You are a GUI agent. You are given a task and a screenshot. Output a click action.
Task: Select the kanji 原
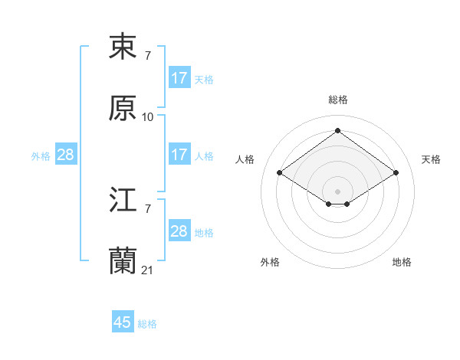point(123,109)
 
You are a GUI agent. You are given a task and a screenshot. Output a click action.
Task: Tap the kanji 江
point(123,201)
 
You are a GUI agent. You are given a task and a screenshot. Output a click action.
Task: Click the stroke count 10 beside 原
point(148,117)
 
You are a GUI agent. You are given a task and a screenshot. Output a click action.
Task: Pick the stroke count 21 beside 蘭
point(148,270)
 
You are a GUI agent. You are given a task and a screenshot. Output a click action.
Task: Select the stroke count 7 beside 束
point(148,55)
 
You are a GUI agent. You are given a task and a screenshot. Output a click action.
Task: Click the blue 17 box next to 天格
point(179,78)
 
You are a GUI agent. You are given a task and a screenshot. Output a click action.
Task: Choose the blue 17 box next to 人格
point(179,155)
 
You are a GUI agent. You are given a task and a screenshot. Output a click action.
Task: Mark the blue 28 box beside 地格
point(179,231)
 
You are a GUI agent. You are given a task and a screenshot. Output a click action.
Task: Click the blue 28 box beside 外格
point(66,155)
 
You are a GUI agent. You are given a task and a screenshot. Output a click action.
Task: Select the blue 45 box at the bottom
point(123,322)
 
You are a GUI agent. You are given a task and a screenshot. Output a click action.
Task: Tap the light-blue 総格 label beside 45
point(147,324)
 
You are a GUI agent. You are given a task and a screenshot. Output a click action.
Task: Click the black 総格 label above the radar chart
point(338,100)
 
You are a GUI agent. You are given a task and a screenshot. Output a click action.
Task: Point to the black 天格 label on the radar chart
point(432,159)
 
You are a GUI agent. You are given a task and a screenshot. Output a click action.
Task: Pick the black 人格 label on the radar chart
point(245,159)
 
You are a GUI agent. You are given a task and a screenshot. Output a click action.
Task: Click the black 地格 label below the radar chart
point(402,262)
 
